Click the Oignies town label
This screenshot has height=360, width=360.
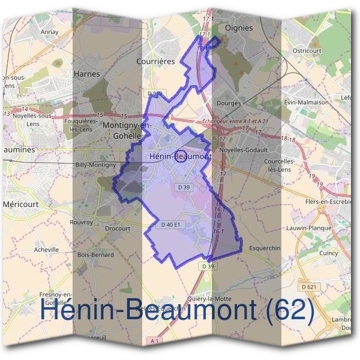point(238,28)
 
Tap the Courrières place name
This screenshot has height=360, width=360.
point(155,61)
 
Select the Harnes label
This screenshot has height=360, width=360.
point(86,74)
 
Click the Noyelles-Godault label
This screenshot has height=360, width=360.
point(244,150)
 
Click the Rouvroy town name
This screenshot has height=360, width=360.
point(82,222)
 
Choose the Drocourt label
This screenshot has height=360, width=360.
point(117,229)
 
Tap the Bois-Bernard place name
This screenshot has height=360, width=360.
point(95,255)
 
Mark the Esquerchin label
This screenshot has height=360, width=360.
point(264,247)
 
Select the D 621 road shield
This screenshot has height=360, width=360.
point(309,287)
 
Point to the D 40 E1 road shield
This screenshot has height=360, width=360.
point(171,225)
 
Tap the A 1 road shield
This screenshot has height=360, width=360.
point(155,341)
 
